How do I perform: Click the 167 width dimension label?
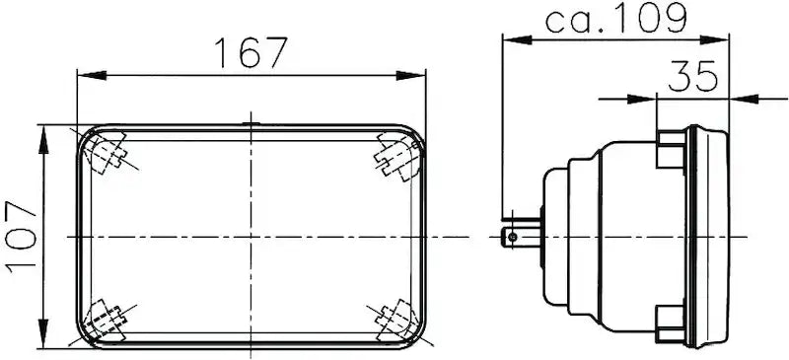(x=251, y=53)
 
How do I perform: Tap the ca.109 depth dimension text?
(x=616, y=19)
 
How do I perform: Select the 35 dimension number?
(x=693, y=76)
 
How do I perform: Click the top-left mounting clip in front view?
(x=107, y=154)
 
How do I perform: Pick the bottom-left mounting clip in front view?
(x=106, y=321)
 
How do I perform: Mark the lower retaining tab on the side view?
(x=671, y=320)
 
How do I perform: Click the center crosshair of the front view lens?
(x=251, y=237)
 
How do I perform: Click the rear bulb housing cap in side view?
(x=556, y=237)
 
